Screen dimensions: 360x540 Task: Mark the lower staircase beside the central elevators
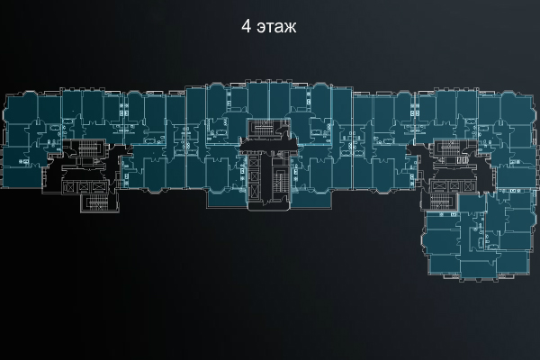click(x=281, y=178)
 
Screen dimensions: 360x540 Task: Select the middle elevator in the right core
click(x=445, y=184)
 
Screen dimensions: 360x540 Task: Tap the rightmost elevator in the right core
click(x=456, y=184)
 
